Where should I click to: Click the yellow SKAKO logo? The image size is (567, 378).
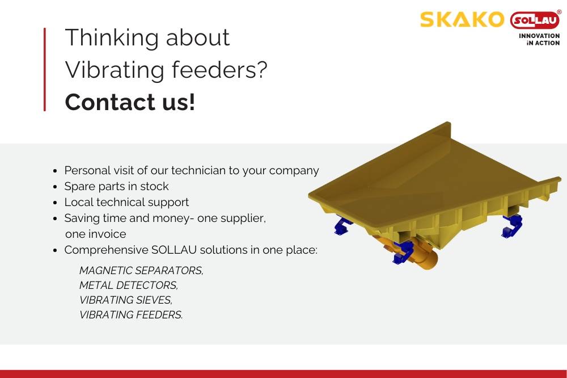(462, 19)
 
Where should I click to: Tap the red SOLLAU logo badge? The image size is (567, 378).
(535, 20)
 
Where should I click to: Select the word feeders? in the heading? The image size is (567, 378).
(219, 69)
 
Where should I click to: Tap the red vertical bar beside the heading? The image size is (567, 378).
(45, 69)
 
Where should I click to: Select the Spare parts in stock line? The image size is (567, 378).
(116, 187)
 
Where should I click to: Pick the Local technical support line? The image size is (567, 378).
(126, 202)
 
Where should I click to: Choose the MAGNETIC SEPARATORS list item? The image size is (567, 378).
(141, 271)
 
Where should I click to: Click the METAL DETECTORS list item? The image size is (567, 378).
(129, 285)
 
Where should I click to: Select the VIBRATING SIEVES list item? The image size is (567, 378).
(126, 300)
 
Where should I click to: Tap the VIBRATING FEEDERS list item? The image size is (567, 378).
(131, 315)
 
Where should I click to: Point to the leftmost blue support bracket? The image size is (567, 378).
(343, 225)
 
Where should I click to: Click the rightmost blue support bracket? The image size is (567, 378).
(513, 225)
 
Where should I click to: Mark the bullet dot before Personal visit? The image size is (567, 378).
(55, 171)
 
